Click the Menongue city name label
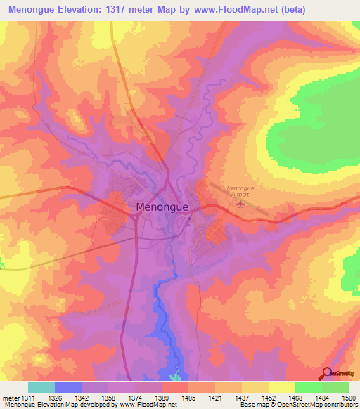point(160,207)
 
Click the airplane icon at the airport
point(241,204)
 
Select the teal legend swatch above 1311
point(41,388)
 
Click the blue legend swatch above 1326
point(68,388)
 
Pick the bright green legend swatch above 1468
point(308,388)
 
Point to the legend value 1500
point(349,398)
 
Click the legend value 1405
point(189,398)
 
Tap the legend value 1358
point(109,398)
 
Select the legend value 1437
point(243,398)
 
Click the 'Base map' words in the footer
point(252,405)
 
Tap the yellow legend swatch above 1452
point(281,388)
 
